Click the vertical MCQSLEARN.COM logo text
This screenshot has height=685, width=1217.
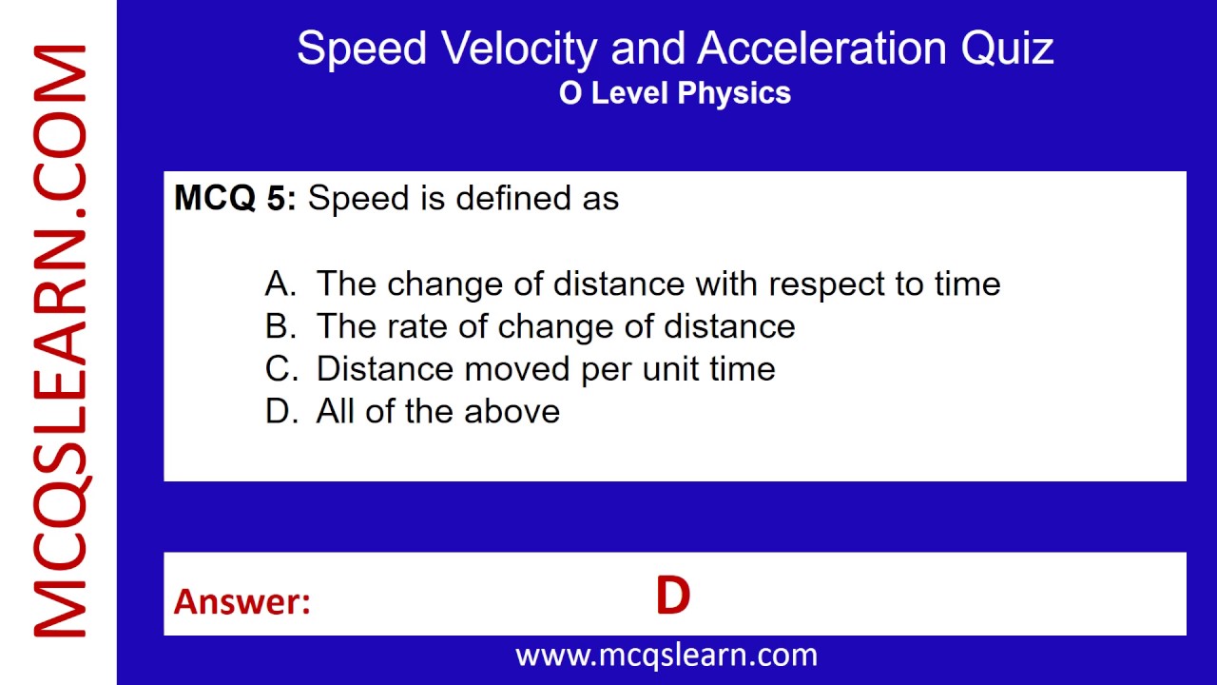pyautogui.click(x=59, y=342)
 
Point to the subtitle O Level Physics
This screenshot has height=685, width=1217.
pyautogui.click(x=675, y=93)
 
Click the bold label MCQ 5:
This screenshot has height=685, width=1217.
pyautogui.click(x=235, y=198)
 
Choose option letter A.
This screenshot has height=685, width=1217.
pyautogui.click(x=280, y=284)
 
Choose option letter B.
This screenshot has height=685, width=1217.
pyautogui.click(x=280, y=326)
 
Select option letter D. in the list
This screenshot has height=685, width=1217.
pyautogui.click(x=281, y=412)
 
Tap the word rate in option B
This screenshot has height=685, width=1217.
pyautogui.click(x=417, y=326)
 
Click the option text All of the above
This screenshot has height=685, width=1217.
pyautogui.click(x=438, y=412)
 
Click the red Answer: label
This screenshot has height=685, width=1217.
pyautogui.click(x=241, y=601)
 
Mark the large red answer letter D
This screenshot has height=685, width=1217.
pyautogui.click(x=672, y=597)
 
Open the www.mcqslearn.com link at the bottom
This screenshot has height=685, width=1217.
pyautogui.click(x=666, y=655)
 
